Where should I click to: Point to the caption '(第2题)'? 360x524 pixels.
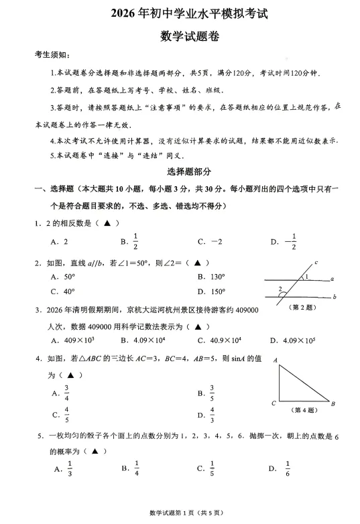[300, 308]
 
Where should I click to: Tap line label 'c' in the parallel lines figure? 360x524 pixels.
[315, 262]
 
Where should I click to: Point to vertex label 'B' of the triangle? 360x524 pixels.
[334, 403]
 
